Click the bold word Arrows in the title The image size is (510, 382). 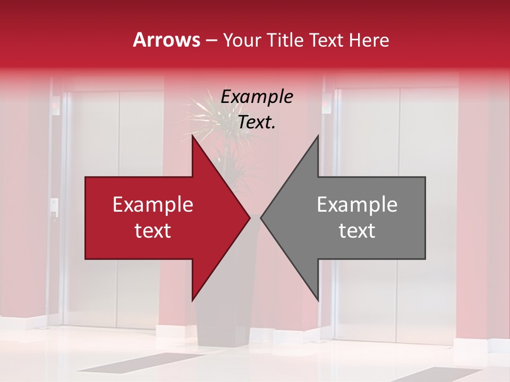pos(166,40)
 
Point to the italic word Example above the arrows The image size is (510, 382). pos(257,97)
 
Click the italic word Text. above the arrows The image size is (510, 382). pos(257,123)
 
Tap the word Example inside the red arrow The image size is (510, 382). pos(153,205)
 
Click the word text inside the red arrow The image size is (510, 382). pos(153,231)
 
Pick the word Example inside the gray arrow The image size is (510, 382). pos(357,205)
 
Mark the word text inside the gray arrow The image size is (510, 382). pos(357,231)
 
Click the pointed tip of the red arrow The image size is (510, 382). pos(248,218)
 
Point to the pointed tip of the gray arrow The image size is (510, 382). pos(262,218)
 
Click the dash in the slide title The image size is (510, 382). pos(211,41)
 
